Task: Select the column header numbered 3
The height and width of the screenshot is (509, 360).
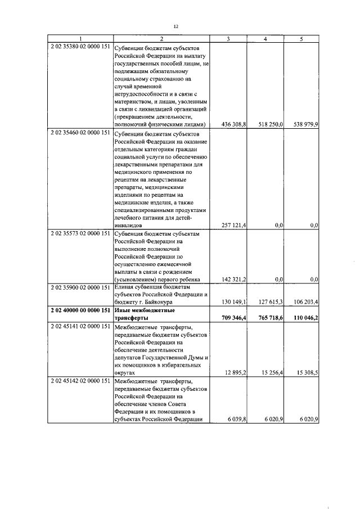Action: click(228, 39)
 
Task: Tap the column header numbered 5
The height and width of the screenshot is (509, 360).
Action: click(301, 39)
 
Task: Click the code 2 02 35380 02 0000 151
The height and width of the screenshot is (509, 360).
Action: click(80, 46)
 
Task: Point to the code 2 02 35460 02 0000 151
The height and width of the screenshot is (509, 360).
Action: click(80, 135)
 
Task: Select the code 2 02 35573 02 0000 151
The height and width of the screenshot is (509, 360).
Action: click(80, 233)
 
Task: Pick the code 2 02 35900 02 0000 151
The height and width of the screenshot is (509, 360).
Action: click(80, 287)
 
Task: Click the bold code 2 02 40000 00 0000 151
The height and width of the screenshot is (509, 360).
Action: click(80, 310)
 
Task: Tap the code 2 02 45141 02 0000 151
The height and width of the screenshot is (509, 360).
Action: click(80, 326)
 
